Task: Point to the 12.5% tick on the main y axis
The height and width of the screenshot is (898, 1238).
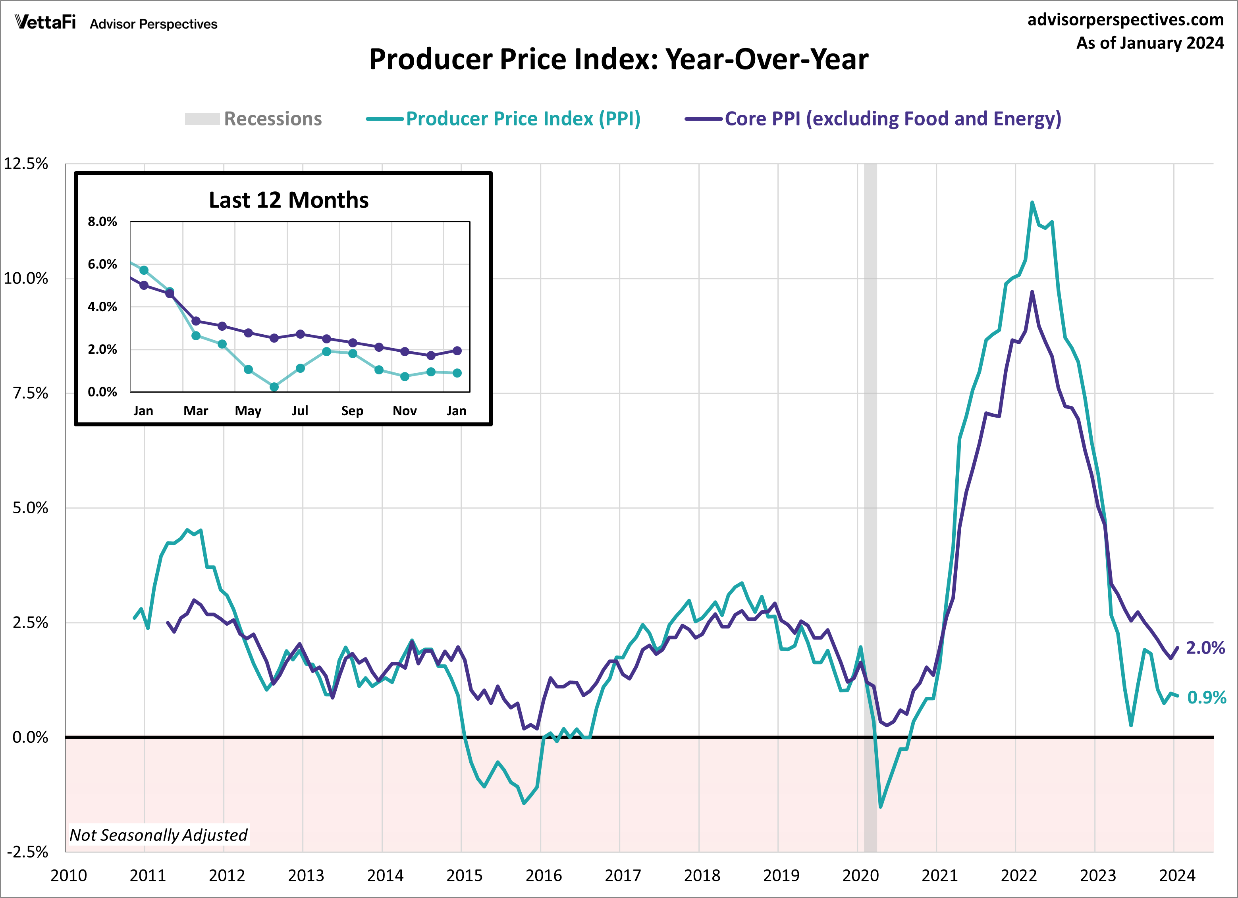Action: coord(26,164)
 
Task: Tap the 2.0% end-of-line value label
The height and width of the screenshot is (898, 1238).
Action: coord(1205,648)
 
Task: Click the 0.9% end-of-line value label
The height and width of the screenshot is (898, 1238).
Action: coord(1206,697)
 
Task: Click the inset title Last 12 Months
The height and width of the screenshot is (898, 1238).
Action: coord(288,200)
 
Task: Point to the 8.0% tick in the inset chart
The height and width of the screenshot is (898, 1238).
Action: coord(102,222)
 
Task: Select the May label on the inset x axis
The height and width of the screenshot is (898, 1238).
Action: coord(248,410)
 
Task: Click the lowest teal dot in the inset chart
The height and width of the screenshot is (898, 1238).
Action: coord(274,387)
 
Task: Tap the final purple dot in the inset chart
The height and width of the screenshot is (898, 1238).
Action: coord(457,351)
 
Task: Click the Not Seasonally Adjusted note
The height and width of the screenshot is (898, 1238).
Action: coord(158,834)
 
